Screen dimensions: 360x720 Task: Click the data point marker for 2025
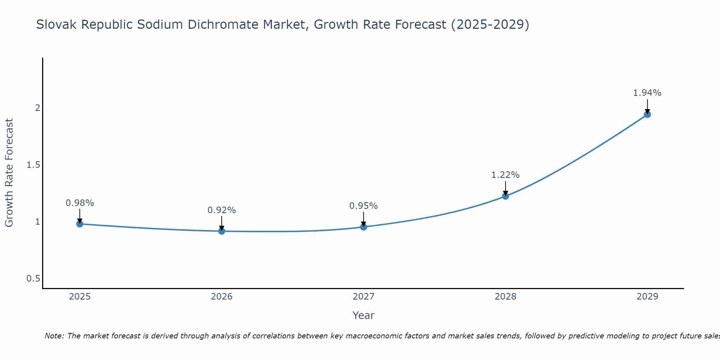80,224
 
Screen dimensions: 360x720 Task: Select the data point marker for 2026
222,231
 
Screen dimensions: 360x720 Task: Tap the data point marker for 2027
364,227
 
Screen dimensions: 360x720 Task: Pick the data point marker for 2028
505,196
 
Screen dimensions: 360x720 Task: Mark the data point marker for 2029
647,114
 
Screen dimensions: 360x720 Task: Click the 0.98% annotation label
80,203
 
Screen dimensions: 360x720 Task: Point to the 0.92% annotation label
222,210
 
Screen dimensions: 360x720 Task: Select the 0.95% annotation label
364,206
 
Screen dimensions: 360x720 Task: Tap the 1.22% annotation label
505,175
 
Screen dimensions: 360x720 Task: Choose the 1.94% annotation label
647,93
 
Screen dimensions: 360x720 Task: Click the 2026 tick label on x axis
222,297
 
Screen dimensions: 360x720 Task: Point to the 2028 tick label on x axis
505,297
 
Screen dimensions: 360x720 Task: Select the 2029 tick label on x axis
647,297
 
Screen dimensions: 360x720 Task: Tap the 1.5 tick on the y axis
33,165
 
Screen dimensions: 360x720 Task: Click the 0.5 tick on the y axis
33,279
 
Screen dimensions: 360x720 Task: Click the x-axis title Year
364,315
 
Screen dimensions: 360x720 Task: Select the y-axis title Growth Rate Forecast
9,173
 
